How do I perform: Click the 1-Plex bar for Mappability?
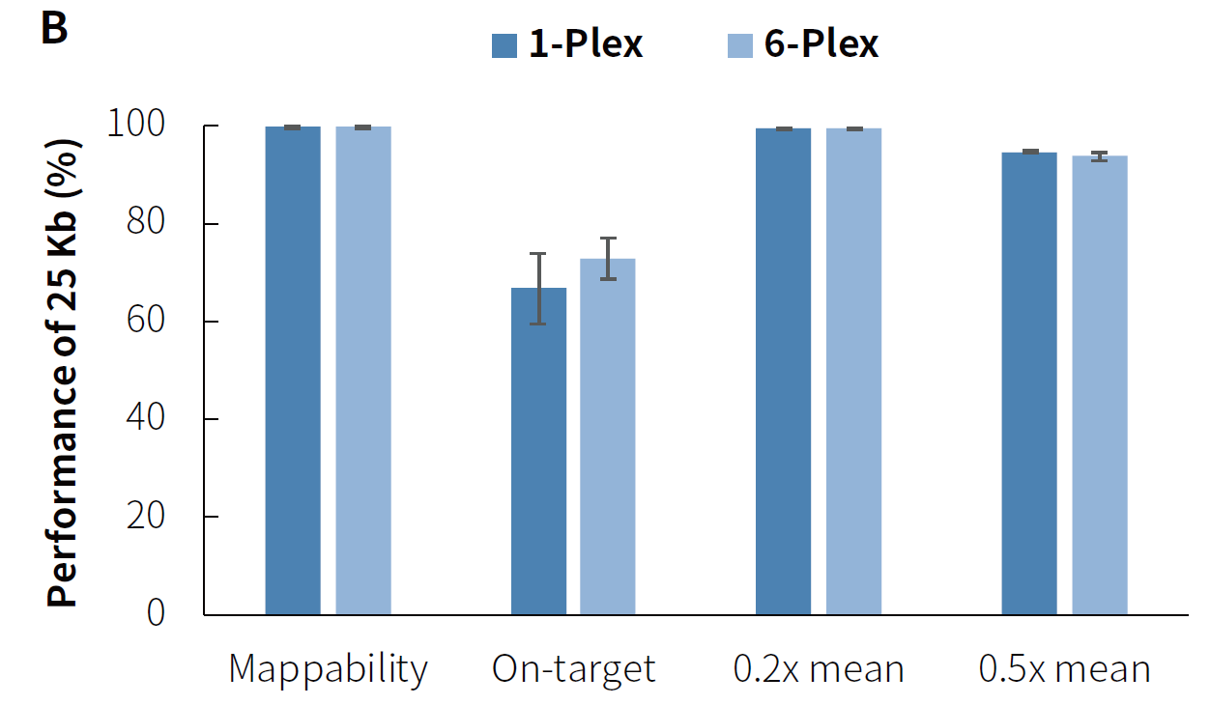tap(293, 370)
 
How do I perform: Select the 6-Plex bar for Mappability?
tap(363, 370)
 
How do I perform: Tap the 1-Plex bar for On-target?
tap(538, 451)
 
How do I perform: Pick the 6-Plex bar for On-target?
tap(608, 437)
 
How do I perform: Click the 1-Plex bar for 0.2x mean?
tap(784, 371)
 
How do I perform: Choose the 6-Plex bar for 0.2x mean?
tap(854, 371)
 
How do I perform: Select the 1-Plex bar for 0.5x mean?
tap(1029, 382)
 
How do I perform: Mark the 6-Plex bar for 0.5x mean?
tap(1100, 384)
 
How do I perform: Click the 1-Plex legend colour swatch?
tap(504, 45)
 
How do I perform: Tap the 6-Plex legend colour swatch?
tap(740, 45)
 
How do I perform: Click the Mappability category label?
tap(328, 668)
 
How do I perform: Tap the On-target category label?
tap(573, 668)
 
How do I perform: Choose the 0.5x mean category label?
tap(1064, 668)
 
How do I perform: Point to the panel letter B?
tap(54, 29)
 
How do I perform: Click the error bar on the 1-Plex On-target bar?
tap(538, 288)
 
